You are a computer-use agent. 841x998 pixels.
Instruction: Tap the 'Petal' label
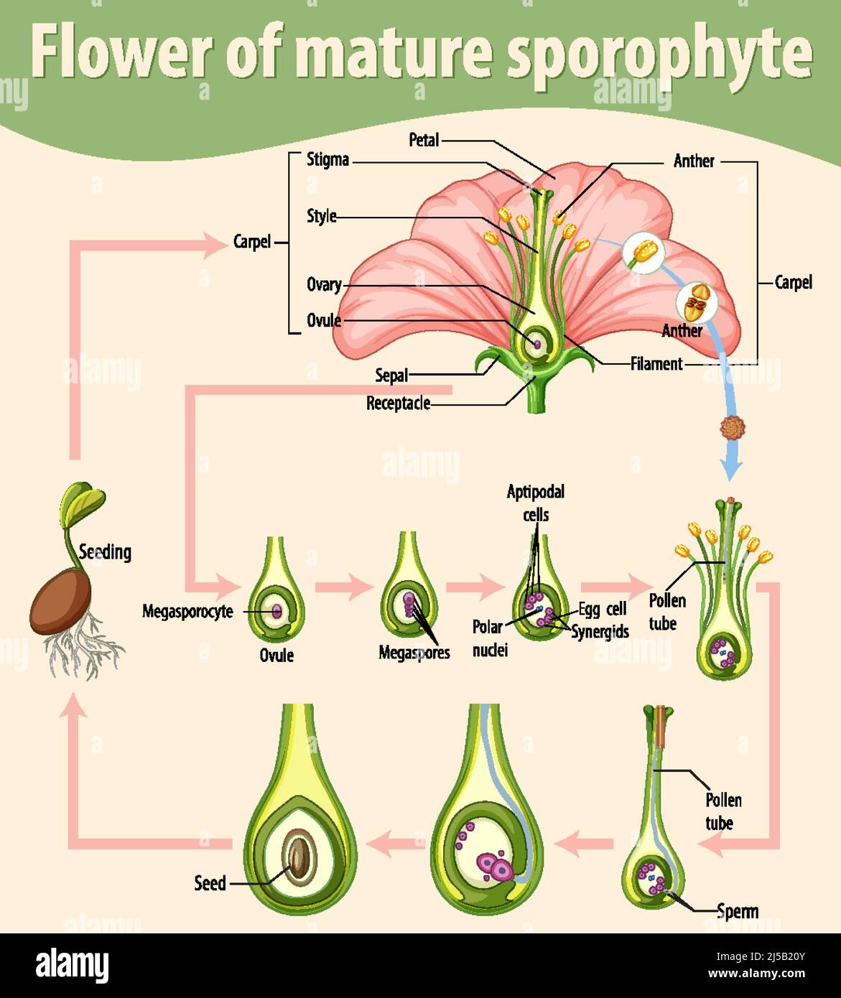coord(424,140)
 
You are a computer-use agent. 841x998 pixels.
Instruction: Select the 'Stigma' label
coord(327,159)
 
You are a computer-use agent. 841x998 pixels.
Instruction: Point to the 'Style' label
coord(321,215)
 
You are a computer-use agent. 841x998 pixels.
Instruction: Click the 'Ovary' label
coord(324,284)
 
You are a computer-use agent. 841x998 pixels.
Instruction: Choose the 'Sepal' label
coord(391,375)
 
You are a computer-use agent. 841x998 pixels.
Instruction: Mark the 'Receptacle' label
coord(398,404)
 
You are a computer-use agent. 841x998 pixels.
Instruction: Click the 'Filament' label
coord(656,364)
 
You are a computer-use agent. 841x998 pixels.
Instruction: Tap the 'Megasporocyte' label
coord(187,612)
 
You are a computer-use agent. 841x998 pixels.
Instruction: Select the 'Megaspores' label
coord(414,653)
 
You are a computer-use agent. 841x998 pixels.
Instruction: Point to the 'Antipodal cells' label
coord(535,503)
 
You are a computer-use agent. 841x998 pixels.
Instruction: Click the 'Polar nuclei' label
coord(489,638)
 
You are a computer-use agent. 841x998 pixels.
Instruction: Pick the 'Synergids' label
coord(600,632)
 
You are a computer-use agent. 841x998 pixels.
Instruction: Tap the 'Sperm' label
coord(737,911)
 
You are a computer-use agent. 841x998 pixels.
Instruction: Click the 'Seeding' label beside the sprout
coord(105,552)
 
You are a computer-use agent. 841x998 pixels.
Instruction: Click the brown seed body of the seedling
coord(61,601)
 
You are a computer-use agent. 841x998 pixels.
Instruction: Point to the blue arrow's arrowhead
coord(731,470)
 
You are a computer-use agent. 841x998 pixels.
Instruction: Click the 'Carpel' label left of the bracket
coord(252,242)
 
